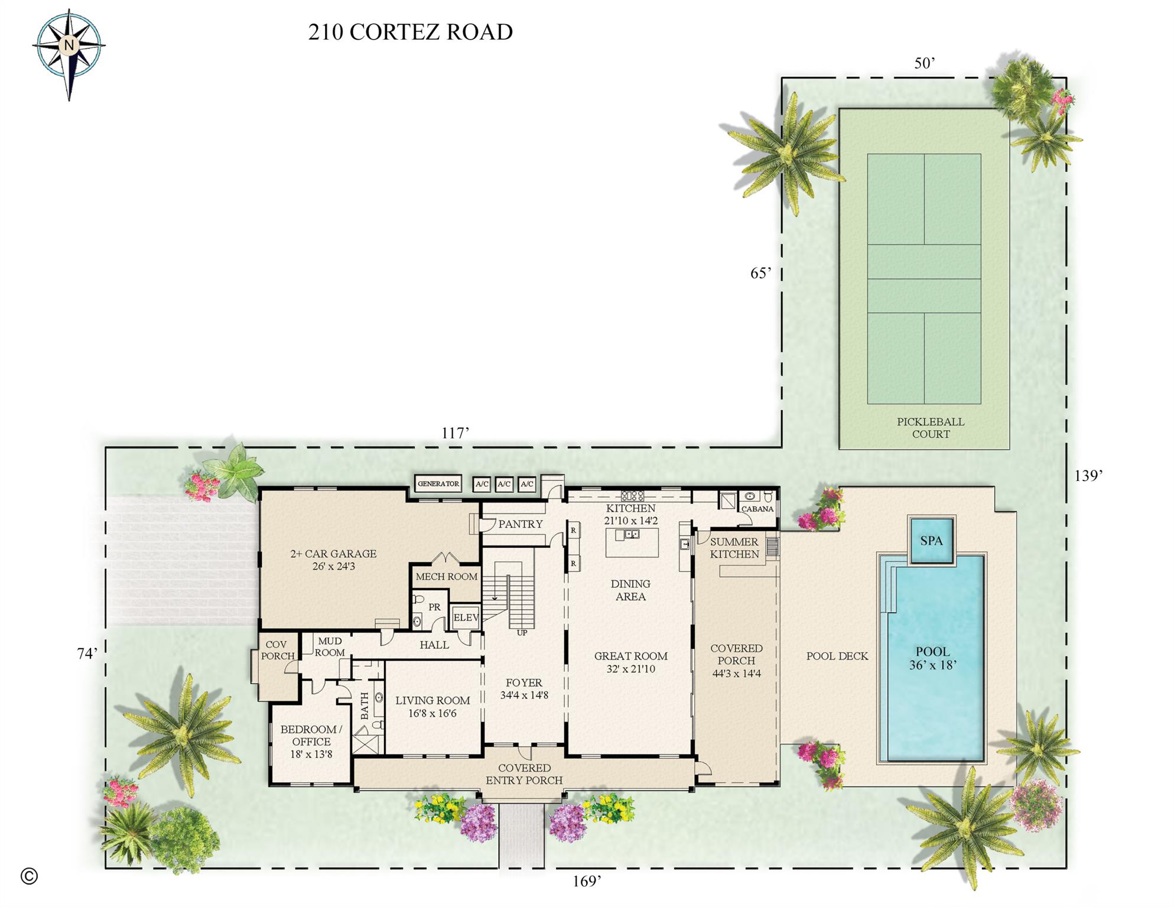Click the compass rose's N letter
pos(69,45)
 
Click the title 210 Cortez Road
pos(410,32)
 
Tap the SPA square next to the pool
pos(931,541)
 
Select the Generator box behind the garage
pos(438,483)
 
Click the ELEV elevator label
pos(466,617)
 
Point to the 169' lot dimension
pos(587,881)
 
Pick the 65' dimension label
pos(760,273)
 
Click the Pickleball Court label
pos(930,428)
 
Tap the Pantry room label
pos(520,524)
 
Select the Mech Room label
pos(446,577)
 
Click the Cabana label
pos(757,509)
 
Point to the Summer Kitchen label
pos(734,548)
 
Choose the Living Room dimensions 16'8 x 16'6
pos(432,713)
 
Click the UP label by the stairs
pos(522,633)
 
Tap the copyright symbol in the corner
pos(29,876)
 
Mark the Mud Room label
pos(330,646)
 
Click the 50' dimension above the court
pos(924,63)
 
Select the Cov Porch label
pos(277,650)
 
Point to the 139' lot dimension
pos(1088,476)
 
